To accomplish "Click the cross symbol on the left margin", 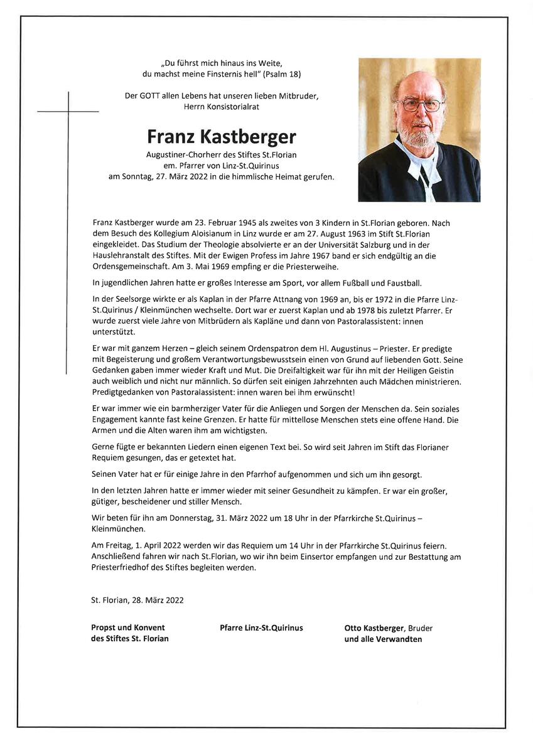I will pos(68,112).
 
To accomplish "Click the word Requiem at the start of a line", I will pos(109,458).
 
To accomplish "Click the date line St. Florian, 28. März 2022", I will pos(137,600).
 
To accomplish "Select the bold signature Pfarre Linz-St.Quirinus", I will pos(261,627).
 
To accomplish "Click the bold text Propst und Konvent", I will pos(128,627).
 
